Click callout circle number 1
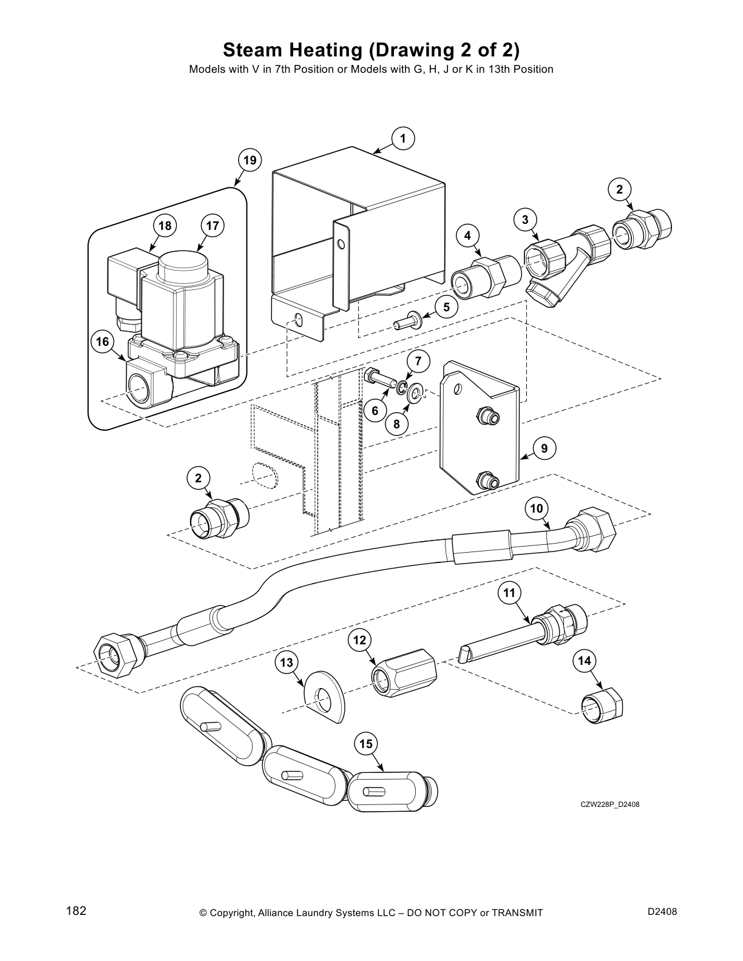pyautogui.click(x=403, y=138)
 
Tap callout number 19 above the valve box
pyautogui.click(x=249, y=160)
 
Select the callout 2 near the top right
pyautogui.click(x=619, y=189)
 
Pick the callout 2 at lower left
pyautogui.click(x=198, y=478)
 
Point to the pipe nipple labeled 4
pyautogui.click(x=486, y=277)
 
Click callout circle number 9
pyautogui.click(x=544, y=448)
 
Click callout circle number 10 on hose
pyautogui.click(x=537, y=508)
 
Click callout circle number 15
pyautogui.click(x=366, y=744)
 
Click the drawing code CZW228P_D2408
pyautogui.click(x=609, y=804)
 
